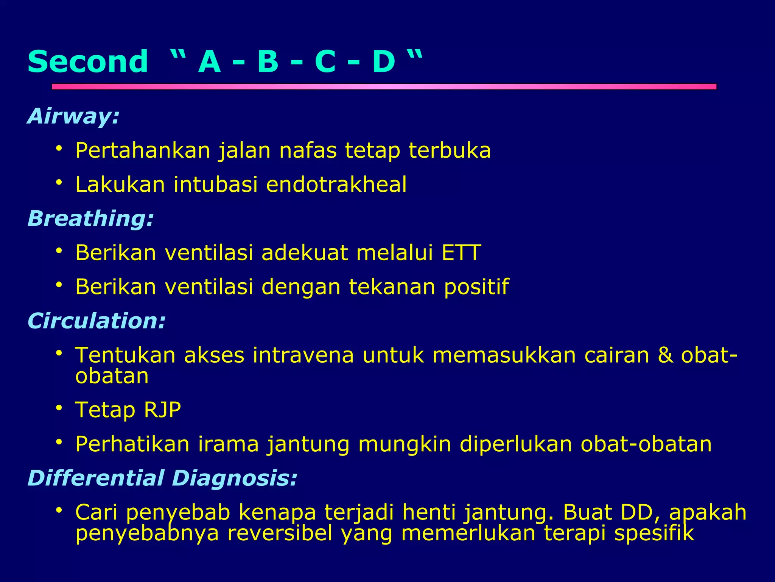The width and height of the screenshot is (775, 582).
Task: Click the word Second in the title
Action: (87, 61)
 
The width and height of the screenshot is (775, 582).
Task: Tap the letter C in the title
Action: (325, 61)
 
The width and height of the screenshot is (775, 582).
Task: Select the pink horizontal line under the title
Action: (384, 87)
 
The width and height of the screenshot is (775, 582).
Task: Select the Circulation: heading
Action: (96, 321)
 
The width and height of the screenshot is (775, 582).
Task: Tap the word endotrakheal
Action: (336, 185)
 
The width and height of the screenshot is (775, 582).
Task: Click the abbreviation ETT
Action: (461, 253)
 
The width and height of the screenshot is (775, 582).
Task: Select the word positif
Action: (476, 287)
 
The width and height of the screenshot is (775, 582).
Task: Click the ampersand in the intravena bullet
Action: (665, 355)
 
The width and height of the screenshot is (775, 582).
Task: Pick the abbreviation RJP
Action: (162, 410)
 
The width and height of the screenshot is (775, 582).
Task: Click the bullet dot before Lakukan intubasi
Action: (59, 183)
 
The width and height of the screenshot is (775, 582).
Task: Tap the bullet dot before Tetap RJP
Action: (59, 408)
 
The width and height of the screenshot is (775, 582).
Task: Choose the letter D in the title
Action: (383, 61)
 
